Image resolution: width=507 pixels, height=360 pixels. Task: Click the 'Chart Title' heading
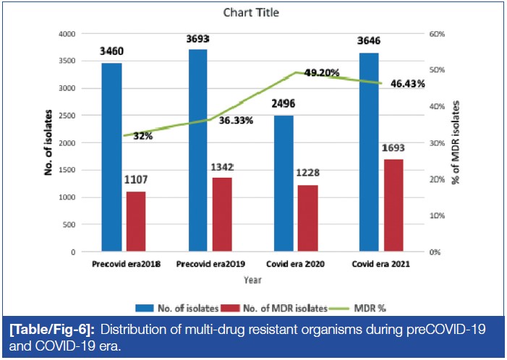(252, 13)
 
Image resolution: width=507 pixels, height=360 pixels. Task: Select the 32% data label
(142, 135)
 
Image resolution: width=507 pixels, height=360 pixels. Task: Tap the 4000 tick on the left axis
(67, 34)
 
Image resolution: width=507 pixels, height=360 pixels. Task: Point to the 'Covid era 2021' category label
(382, 265)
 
